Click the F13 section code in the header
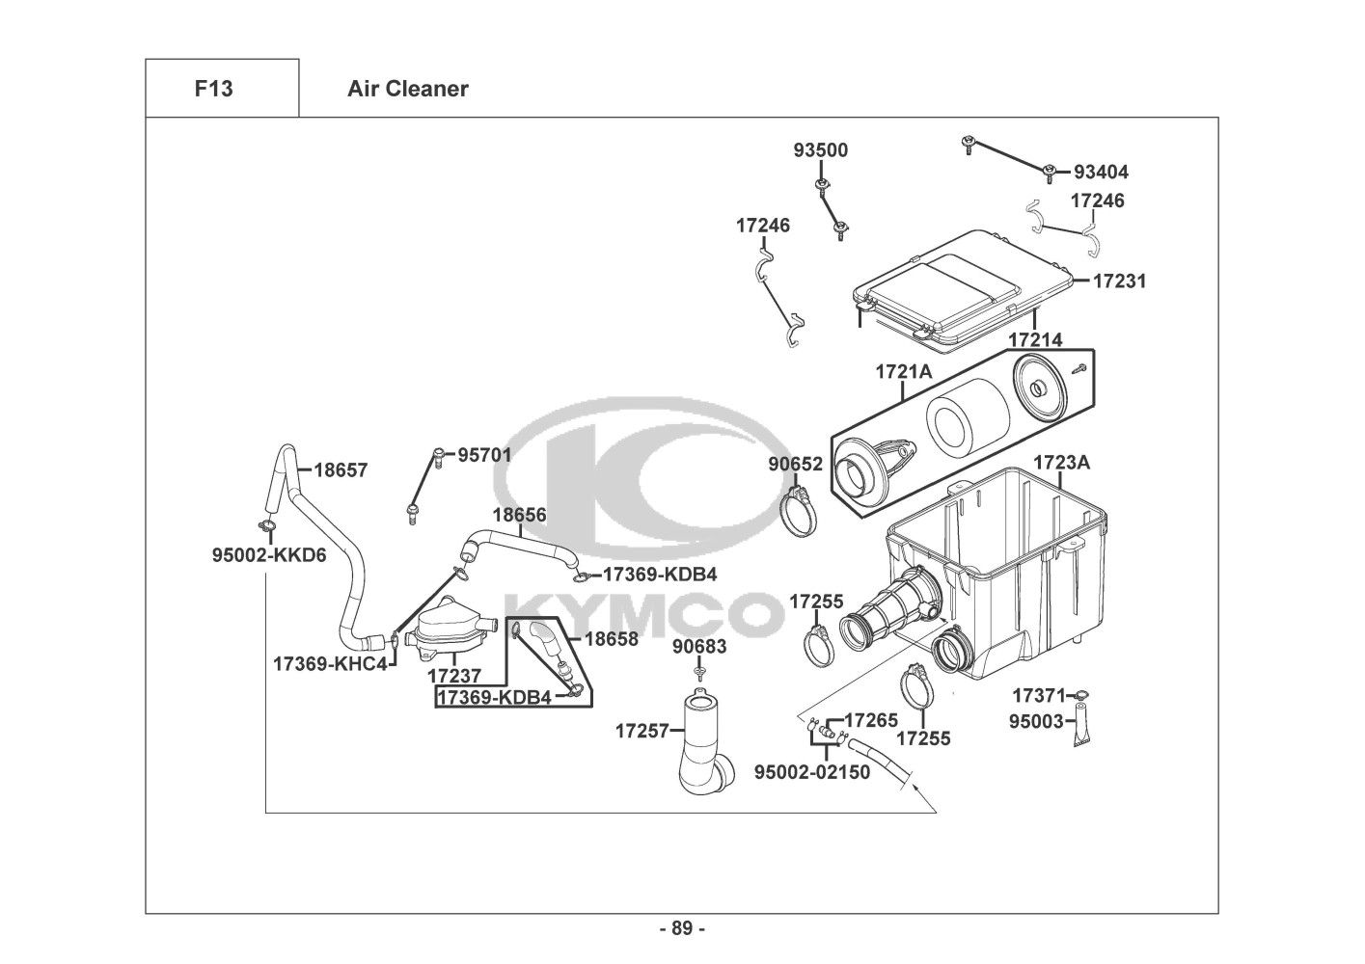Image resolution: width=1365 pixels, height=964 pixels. [x=213, y=89]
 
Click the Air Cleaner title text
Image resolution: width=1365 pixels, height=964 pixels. [x=407, y=89]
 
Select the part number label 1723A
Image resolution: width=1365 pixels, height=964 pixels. [x=1061, y=462]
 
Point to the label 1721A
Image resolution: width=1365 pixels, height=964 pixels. [x=903, y=372]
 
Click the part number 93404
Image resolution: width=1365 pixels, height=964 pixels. [x=1101, y=173]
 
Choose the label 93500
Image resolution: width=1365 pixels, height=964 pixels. [x=821, y=150]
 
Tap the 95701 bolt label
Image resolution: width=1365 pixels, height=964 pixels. [x=484, y=454]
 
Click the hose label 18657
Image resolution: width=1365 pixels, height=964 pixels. [x=341, y=470]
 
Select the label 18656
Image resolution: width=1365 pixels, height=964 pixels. [x=519, y=515]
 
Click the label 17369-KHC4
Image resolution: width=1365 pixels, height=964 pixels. [x=330, y=663]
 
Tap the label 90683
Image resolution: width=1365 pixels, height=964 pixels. [x=699, y=647]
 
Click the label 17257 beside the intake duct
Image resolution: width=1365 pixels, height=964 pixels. [x=642, y=731]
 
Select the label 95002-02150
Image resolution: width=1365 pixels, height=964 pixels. [x=811, y=771]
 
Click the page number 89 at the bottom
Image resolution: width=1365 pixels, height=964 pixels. [x=682, y=928]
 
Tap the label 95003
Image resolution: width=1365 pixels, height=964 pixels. [x=1037, y=721]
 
